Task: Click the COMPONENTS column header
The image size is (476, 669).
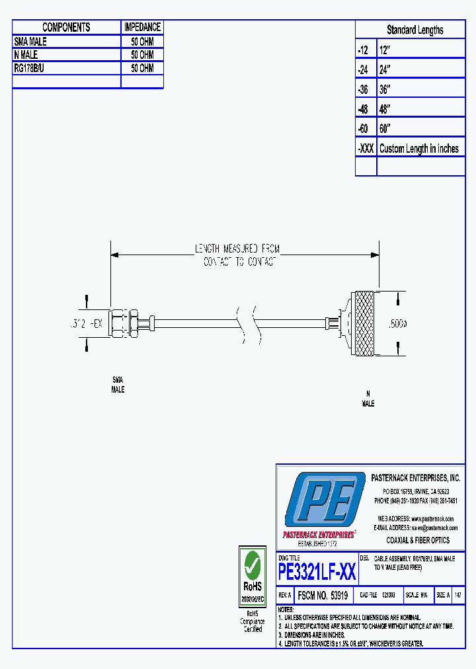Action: pyautogui.click(x=66, y=27)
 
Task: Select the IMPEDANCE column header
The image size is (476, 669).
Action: pyautogui.click(x=142, y=27)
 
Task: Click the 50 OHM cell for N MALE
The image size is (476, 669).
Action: pyautogui.click(x=142, y=55)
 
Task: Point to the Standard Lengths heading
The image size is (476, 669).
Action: pyautogui.click(x=415, y=30)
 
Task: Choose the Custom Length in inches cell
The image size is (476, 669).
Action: pyautogui.click(x=418, y=149)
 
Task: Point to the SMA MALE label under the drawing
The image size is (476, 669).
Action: pyautogui.click(x=118, y=385)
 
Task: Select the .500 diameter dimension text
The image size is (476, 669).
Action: pyautogui.click(x=397, y=324)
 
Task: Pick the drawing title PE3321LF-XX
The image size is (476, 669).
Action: pyautogui.click(x=317, y=572)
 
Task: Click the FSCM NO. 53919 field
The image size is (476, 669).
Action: pyautogui.click(x=323, y=595)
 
